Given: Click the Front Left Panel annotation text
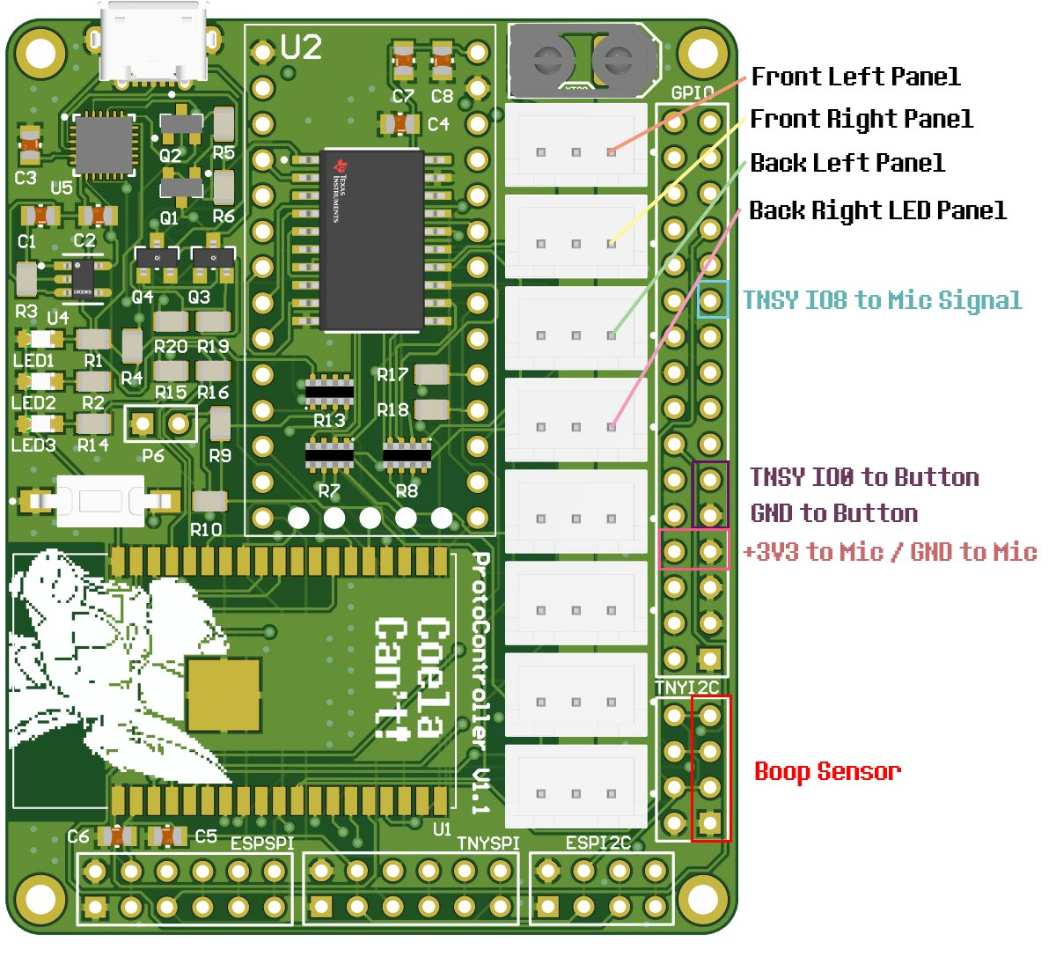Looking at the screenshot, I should coord(854,77).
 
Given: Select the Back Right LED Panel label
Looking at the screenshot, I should coord(877,210).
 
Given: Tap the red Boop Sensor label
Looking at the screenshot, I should coord(827,771).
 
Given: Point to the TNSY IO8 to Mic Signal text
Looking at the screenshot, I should coord(882,300).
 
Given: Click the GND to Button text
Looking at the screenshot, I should coord(833,513).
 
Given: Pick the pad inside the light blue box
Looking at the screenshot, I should coord(711,300).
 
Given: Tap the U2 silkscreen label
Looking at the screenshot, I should coord(301,48).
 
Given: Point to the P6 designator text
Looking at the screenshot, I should coord(153,455).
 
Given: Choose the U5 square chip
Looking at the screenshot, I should coord(105,145).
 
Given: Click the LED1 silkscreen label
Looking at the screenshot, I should coord(33,360).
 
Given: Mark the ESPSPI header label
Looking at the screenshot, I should coord(261,843).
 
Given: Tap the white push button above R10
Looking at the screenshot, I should coord(99,501).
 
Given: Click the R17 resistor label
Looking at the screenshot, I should coord(392,375).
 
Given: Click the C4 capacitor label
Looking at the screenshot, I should coord(438,124).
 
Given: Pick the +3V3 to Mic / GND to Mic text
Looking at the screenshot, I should coord(890,552).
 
